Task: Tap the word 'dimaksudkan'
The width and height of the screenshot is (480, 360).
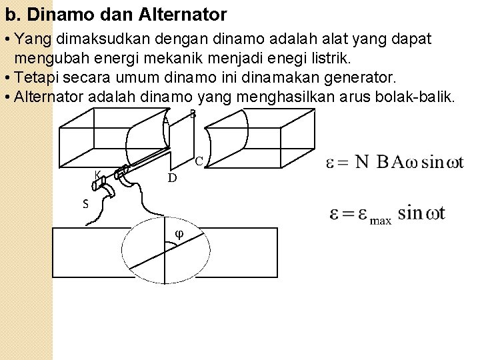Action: coord(101,39)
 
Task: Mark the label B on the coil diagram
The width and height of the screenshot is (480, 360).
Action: coord(193,114)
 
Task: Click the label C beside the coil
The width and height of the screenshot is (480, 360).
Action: coord(199,161)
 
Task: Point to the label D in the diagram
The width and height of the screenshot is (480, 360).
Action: coord(172,178)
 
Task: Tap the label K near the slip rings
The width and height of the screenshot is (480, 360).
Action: coord(97,175)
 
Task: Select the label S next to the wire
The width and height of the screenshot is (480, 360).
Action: coord(85,204)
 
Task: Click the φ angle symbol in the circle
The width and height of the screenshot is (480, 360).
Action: coord(179,233)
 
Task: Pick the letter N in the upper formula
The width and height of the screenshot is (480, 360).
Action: coord(361,162)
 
